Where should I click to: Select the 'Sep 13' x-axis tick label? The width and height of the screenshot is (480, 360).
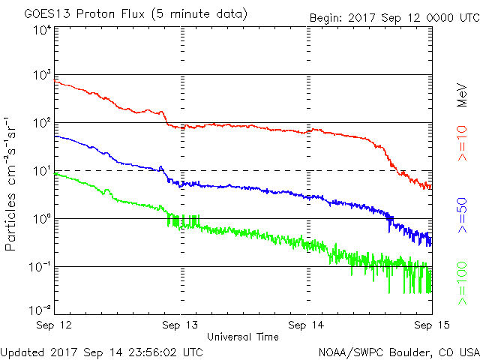(181, 325)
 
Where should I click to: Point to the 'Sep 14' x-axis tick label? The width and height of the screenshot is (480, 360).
(307, 325)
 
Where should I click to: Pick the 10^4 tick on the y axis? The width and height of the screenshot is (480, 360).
(41, 31)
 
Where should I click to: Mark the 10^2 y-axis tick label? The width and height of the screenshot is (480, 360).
(41, 124)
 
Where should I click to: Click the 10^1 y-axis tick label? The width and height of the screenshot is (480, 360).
(41, 172)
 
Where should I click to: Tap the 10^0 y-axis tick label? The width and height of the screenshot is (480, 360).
(41, 220)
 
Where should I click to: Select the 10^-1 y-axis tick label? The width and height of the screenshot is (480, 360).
(39, 268)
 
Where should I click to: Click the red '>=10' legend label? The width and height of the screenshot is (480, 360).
(463, 142)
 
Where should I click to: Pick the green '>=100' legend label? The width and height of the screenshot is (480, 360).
(463, 283)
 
